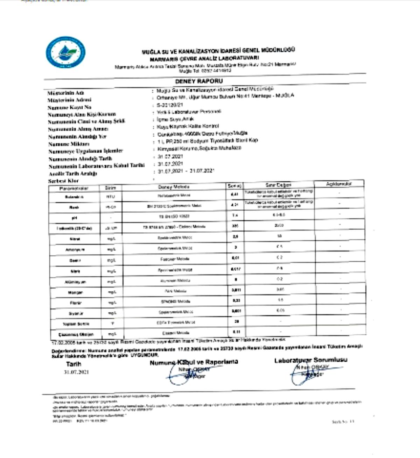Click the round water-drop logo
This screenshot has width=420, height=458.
coord(65,52)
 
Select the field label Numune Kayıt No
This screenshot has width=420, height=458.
coord(69,107)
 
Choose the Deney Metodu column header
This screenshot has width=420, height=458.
coord(174,187)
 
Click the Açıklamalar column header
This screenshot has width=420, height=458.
coord(339,183)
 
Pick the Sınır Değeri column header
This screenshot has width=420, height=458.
coord(278,185)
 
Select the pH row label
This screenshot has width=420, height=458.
coord(74,218)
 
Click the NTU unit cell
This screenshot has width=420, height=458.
coord(111,197)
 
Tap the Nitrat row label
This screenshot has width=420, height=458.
coord(75,239)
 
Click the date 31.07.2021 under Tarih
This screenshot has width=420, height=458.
coord(76,372)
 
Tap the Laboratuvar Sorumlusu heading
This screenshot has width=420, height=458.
coord(311,360)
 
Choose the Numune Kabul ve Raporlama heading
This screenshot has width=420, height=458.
coord(194,362)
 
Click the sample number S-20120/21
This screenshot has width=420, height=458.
coord(170,105)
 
